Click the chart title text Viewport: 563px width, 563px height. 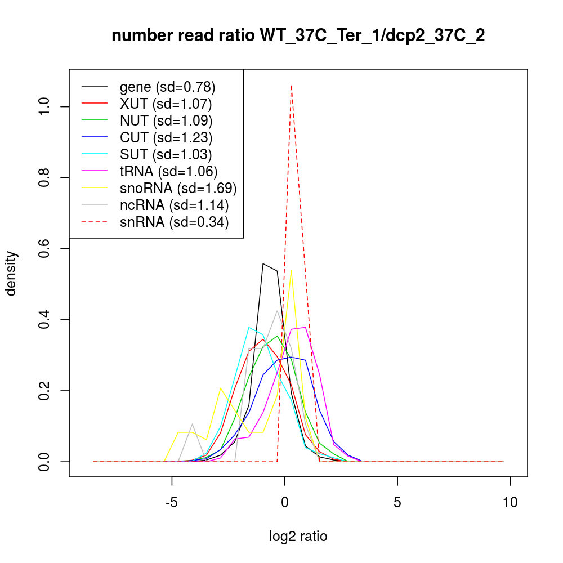click(298, 36)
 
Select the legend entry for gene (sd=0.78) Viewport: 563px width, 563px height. click(168, 87)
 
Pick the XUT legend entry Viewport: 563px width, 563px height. click(166, 104)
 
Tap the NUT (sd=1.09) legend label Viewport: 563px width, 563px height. click(166, 120)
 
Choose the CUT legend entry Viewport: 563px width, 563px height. click(166, 137)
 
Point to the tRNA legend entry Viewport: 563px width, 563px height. click(169, 171)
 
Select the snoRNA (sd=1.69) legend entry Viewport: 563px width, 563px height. click(178, 188)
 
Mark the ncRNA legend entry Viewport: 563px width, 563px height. click(174, 205)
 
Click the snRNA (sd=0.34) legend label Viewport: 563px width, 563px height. click(174, 222)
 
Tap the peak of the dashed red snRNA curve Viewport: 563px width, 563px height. click(291, 86)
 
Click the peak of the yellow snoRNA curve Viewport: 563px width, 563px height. click(291, 271)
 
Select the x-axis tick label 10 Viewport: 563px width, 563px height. click(510, 502)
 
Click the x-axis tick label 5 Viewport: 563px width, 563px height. click(397, 502)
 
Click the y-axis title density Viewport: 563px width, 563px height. click(12, 273)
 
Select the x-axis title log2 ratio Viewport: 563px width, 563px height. click(298, 537)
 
